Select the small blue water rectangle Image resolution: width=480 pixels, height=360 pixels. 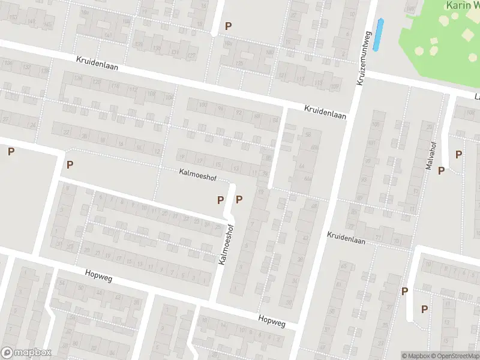pos(378,35)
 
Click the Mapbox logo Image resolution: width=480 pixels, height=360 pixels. pos(26,353)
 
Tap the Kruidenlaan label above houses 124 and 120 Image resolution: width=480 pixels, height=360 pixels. pos(97,64)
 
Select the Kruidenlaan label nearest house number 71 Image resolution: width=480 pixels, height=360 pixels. pos(346,238)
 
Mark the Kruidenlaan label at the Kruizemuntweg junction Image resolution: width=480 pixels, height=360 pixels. pos(325,112)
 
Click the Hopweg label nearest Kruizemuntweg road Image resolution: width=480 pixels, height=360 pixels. pos(272,321)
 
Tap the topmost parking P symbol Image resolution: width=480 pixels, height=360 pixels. pos(227,26)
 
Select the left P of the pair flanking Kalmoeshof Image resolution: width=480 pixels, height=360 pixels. pos(220,200)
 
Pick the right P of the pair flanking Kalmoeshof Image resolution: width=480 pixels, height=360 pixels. pos(239,200)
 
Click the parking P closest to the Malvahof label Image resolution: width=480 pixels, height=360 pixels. pos(441,170)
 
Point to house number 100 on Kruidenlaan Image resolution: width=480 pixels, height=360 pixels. pos(202,106)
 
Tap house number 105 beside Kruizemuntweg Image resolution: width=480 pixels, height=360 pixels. pos(376,124)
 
